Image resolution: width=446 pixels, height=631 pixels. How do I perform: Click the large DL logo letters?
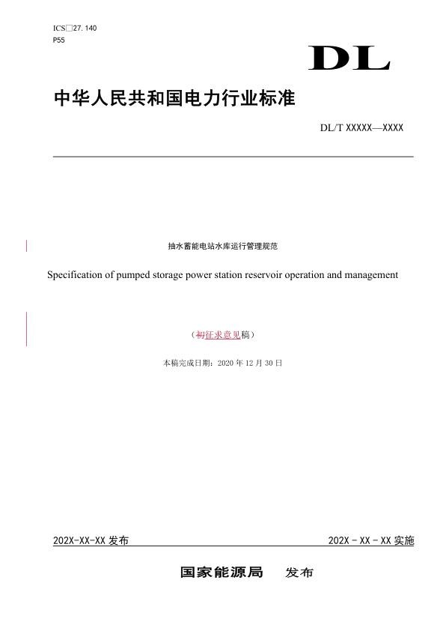coord(349,58)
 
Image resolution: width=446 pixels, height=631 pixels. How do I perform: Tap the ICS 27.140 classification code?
coord(75,28)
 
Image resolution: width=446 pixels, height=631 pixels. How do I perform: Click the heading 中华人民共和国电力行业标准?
coord(175,98)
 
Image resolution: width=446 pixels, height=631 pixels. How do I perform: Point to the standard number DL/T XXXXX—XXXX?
coord(361,128)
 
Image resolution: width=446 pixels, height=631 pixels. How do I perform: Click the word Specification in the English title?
coord(76,275)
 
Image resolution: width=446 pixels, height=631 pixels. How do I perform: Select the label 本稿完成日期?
coord(186,363)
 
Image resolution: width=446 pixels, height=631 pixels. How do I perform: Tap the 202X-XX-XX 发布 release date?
coord(91,540)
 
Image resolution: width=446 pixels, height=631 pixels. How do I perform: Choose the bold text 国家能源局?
coord(222,573)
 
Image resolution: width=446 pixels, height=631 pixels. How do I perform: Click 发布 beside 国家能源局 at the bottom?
coord(299,573)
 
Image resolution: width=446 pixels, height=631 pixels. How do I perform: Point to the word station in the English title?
coord(219,275)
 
